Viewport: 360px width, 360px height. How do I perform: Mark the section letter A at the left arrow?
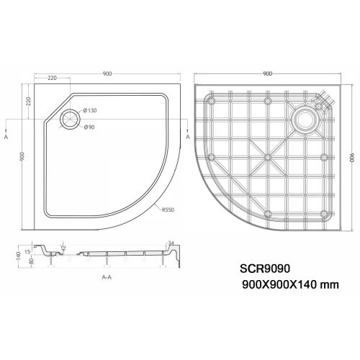pyautogui.click(x=6, y=135)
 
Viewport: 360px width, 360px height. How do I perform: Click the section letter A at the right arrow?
pyautogui.click(x=187, y=135)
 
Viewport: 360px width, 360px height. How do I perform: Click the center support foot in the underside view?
pyautogui.click(x=268, y=156)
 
